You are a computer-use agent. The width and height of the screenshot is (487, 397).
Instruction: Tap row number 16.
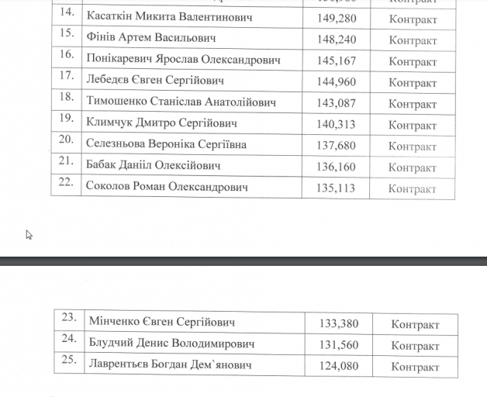[67, 55]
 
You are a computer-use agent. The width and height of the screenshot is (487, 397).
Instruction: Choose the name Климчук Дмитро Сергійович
[161, 123]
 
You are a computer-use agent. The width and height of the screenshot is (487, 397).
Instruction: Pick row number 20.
[67, 140]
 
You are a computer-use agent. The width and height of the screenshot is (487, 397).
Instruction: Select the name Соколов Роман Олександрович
[167, 187]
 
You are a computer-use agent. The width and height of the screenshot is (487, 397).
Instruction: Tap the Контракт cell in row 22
[413, 188]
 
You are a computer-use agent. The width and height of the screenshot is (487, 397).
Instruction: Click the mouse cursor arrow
[29, 235]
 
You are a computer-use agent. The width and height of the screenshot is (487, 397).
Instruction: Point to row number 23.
[69, 317]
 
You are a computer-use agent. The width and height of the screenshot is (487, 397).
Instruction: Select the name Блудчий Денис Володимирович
[171, 343]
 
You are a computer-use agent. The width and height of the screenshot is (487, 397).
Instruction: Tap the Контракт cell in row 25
[415, 367]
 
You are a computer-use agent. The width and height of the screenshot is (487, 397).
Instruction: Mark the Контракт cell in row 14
[413, 19]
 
